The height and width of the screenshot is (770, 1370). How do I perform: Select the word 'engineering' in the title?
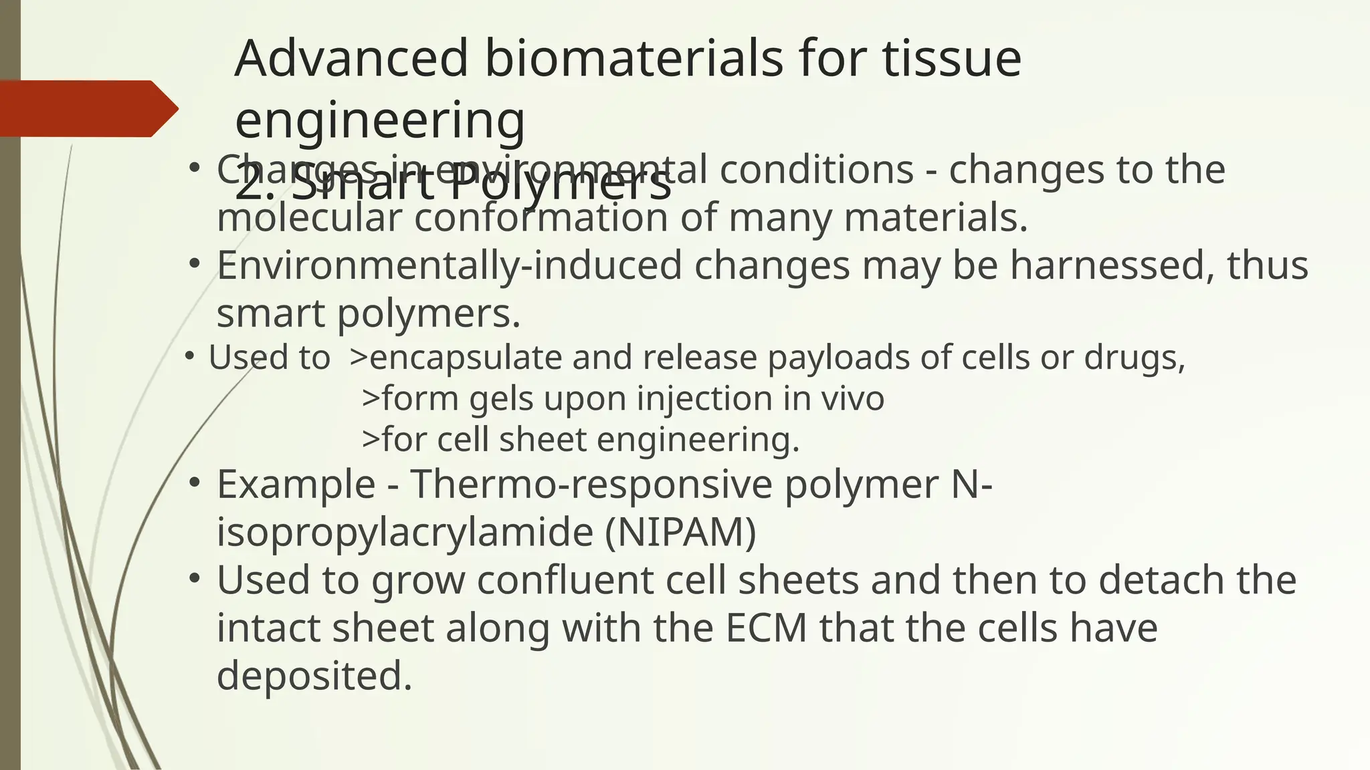click(x=380, y=120)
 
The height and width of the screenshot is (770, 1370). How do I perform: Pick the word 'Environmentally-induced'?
click(x=449, y=265)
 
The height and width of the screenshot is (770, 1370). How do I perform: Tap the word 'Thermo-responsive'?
click(x=591, y=484)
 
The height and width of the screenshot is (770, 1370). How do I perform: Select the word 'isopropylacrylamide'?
click(x=405, y=533)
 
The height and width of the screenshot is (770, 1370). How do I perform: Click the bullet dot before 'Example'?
click(x=194, y=482)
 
